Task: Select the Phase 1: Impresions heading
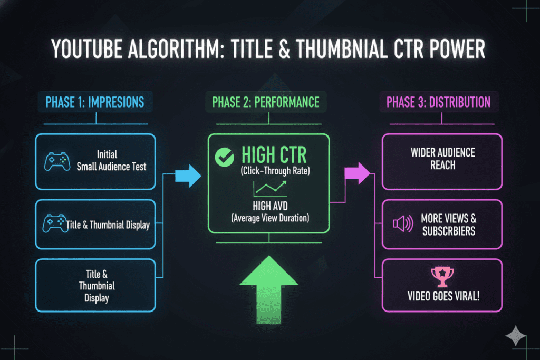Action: pyautogui.click(x=95, y=102)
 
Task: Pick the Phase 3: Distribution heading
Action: pyautogui.click(x=438, y=102)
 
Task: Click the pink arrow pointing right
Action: pyautogui.click(x=357, y=173)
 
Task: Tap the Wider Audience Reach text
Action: pyautogui.click(x=443, y=159)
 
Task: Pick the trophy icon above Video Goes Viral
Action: pyautogui.click(x=442, y=275)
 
